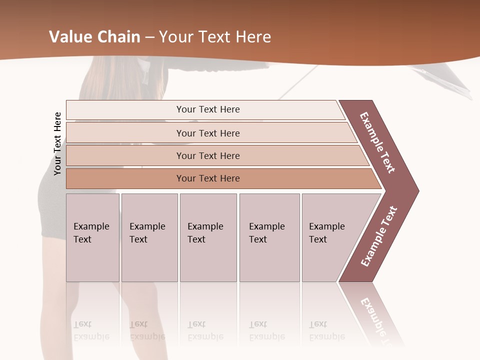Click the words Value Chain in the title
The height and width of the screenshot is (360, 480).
pos(94,37)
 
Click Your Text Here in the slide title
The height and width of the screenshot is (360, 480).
pos(215,37)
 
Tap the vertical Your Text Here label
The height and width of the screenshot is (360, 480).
pos(57,143)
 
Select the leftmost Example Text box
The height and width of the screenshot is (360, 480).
pos(92,237)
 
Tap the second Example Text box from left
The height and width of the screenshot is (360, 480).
pos(149,237)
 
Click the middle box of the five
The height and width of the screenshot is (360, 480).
pos(208,237)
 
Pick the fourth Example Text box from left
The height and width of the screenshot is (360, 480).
pos(269,237)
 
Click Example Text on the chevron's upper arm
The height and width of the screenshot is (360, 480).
pos(377,142)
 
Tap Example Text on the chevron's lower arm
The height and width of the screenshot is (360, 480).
pos(378,236)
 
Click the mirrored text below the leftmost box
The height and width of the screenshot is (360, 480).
pos(91,330)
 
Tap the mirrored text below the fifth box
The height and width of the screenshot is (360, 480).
pos(326,330)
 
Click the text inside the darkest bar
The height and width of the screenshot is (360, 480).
pos(208,178)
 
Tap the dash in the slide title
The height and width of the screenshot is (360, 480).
pos(149,37)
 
